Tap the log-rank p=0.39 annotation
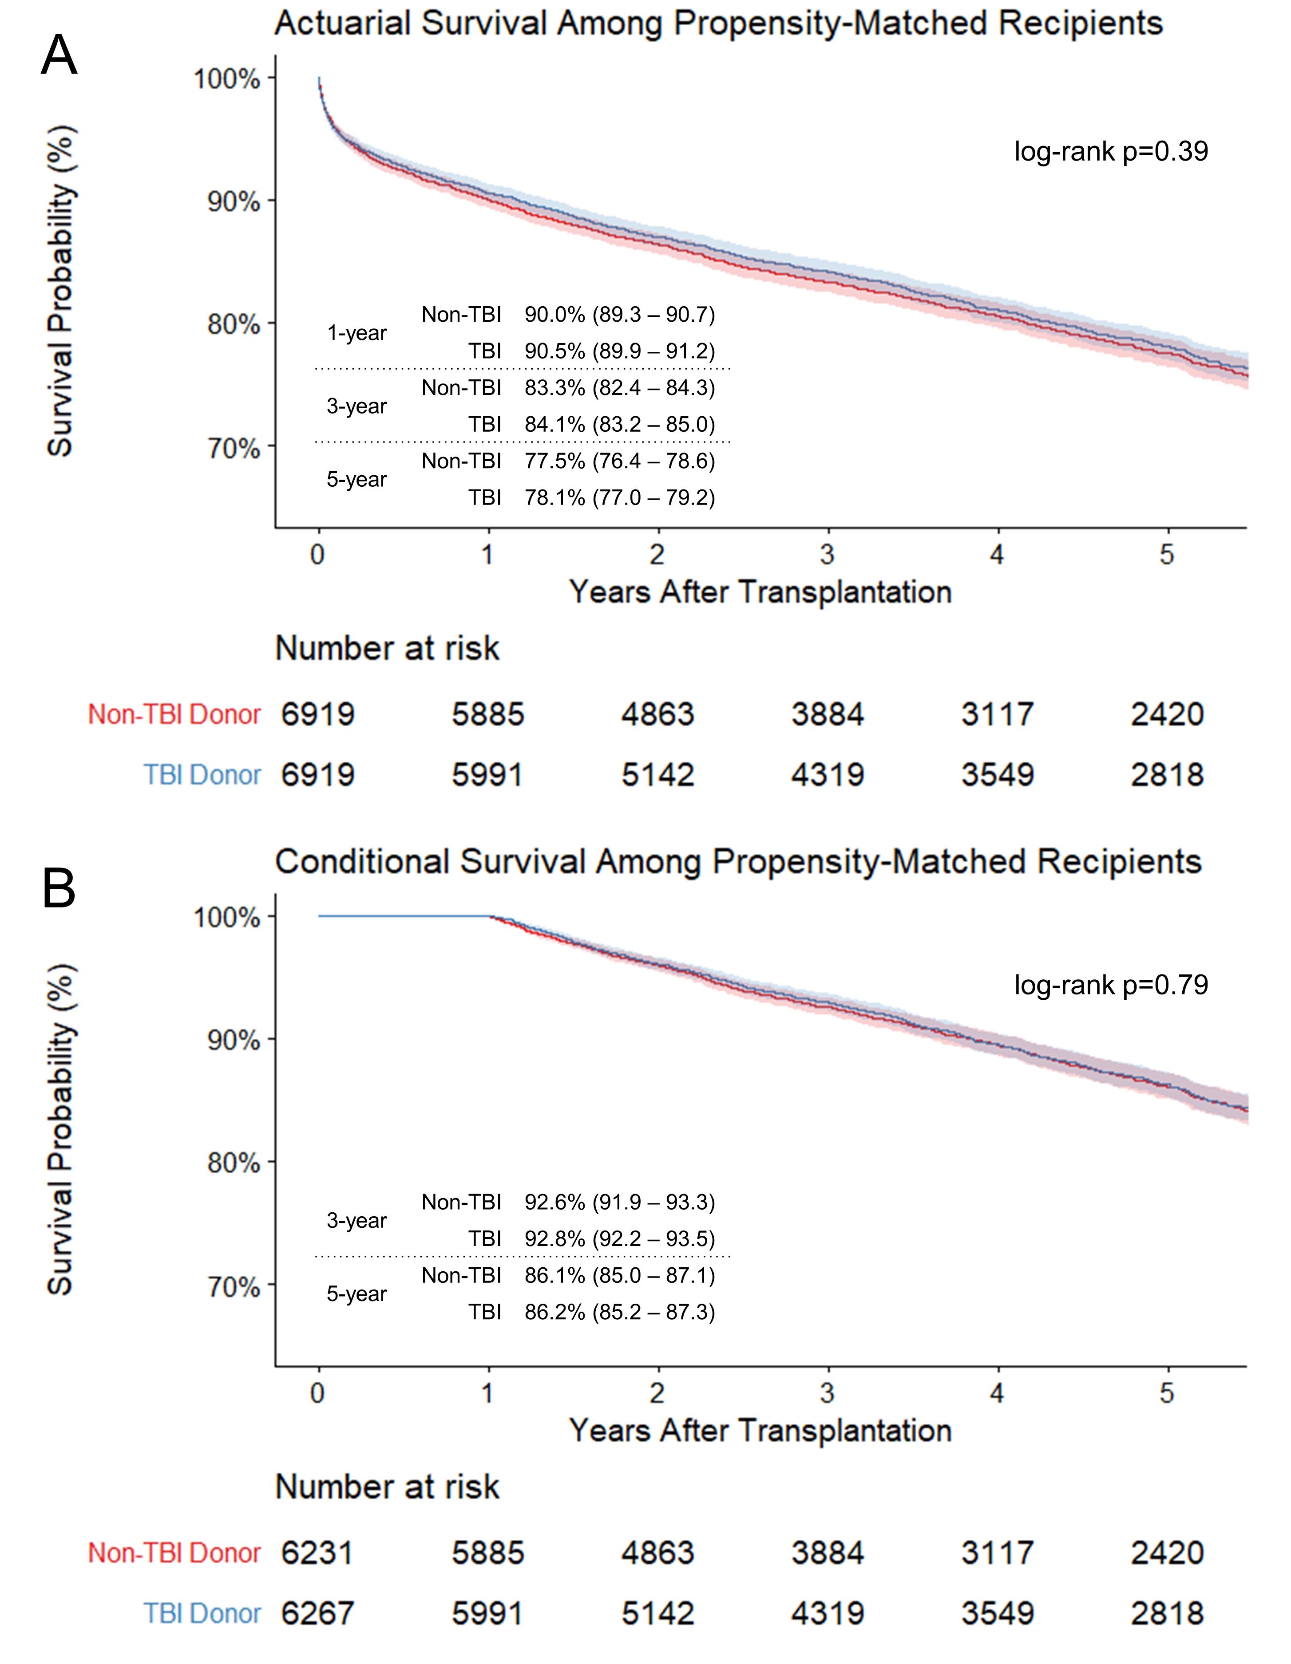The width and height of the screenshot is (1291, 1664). pyautogui.click(x=1110, y=152)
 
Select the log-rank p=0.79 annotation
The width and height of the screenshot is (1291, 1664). pyautogui.click(x=1110, y=985)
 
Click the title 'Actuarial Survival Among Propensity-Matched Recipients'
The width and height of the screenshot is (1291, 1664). pyautogui.click(x=719, y=24)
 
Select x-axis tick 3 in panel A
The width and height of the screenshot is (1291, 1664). pyautogui.click(x=828, y=555)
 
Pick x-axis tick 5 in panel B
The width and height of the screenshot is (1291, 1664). pyautogui.click(x=1167, y=1393)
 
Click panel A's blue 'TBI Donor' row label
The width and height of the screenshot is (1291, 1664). pyautogui.click(x=203, y=775)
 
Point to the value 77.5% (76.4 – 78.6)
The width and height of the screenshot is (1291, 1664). pyautogui.click(x=620, y=461)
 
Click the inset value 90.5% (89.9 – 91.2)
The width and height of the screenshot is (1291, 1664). pyautogui.click(x=620, y=351)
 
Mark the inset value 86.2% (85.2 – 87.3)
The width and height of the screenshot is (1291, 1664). pyautogui.click(x=620, y=1312)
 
